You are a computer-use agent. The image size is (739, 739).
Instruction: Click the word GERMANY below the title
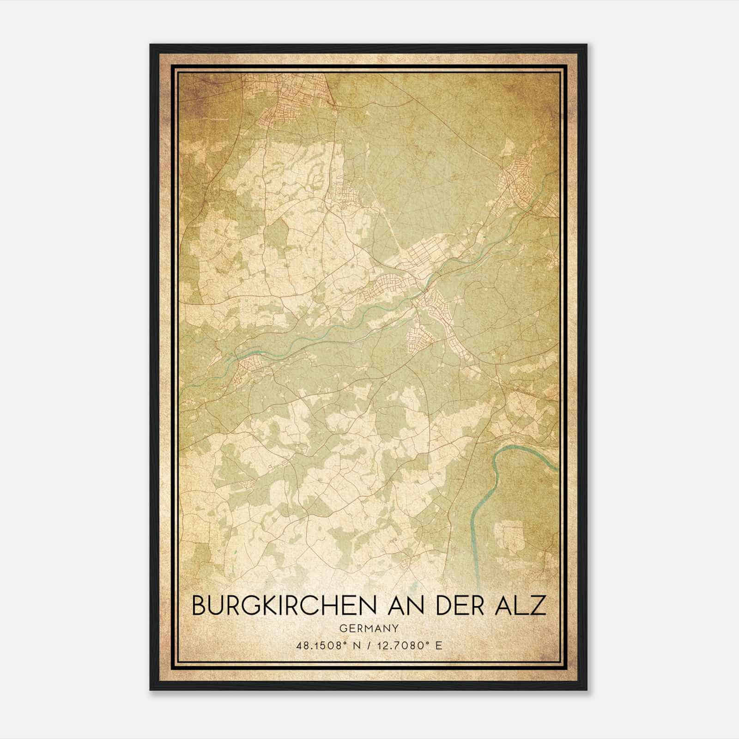pos(369,629)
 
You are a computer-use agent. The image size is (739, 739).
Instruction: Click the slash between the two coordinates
pos(369,645)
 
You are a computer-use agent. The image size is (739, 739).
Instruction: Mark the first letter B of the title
pos(199,606)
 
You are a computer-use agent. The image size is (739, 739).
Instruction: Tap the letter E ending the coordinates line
pos(439,645)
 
